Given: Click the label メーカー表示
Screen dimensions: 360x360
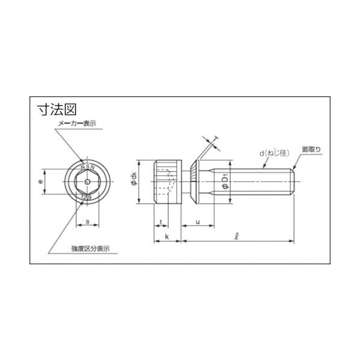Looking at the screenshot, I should pos(76,123).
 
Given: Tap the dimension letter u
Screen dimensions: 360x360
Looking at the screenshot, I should pos(198,222).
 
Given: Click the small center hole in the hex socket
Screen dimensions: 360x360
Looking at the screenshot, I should pos(87,181).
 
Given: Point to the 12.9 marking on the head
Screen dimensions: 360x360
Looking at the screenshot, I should pos(87,197).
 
